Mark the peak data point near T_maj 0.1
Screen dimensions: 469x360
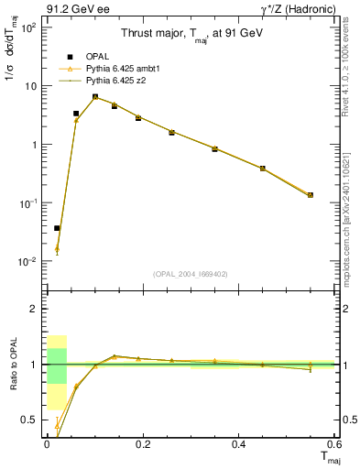coord(95,97)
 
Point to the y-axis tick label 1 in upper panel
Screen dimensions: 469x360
coord(32,145)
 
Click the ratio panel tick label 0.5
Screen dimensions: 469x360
coord(29,420)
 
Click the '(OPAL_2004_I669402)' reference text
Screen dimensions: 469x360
coord(191,273)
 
